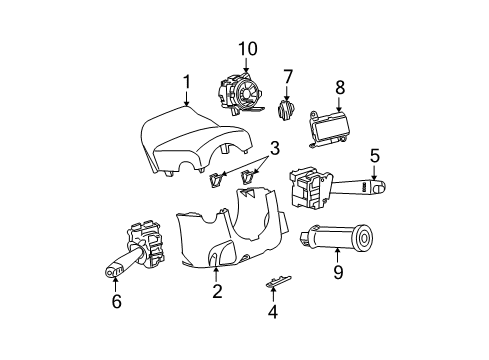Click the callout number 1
[186, 82]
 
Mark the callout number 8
[339, 87]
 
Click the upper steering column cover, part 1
[190, 140]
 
